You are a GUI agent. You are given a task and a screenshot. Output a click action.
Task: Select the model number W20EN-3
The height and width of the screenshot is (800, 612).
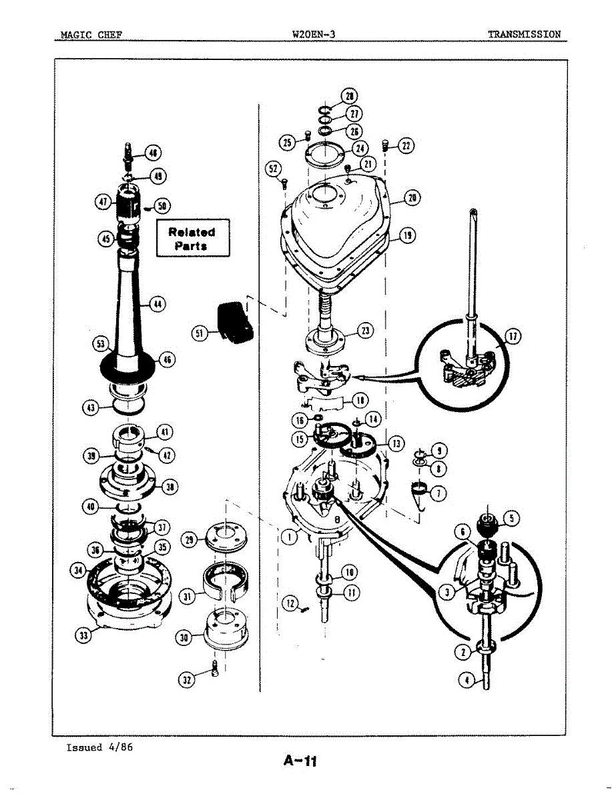[313, 34]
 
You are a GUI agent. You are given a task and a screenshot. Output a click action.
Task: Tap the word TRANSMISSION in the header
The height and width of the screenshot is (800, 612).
[523, 34]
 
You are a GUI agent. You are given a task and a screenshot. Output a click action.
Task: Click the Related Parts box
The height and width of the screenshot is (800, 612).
[193, 238]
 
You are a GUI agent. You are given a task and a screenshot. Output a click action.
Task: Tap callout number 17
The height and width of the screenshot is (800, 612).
[513, 337]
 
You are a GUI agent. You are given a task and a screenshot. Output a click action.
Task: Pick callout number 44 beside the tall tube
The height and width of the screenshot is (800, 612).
[158, 304]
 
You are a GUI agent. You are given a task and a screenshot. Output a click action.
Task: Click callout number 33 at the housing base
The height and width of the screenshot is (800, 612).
[84, 636]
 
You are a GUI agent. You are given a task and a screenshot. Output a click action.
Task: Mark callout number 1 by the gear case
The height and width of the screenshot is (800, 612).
[289, 537]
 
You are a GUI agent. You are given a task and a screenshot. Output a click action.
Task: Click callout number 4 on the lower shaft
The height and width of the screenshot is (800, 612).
[468, 680]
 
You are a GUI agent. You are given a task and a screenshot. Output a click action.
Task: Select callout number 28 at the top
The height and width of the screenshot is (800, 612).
[349, 95]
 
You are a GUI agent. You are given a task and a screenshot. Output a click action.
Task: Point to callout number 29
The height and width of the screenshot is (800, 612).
[190, 538]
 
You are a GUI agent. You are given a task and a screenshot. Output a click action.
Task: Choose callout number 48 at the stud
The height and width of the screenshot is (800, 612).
[153, 153]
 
